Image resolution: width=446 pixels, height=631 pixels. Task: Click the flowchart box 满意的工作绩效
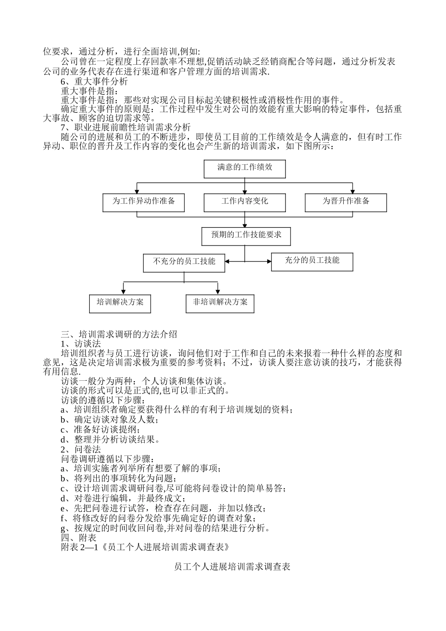click(x=245, y=168)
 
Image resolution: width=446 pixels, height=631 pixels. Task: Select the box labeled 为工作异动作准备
click(x=144, y=202)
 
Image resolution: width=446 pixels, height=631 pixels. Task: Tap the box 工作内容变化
click(x=245, y=202)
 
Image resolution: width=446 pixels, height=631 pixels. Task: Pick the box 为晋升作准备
click(x=346, y=202)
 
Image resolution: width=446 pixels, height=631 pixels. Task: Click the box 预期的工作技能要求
click(x=246, y=236)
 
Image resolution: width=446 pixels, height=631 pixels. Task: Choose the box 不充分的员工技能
click(x=184, y=262)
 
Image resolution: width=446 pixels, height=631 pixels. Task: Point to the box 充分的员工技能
click(x=312, y=261)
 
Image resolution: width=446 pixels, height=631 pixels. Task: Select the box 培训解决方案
click(x=120, y=303)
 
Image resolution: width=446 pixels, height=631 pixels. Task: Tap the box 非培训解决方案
click(x=220, y=303)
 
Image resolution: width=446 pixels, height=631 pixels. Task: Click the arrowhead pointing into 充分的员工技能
click(x=269, y=261)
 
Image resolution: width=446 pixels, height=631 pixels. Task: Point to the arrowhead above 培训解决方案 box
click(x=123, y=292)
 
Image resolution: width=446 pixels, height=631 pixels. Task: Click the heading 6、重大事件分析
click(x=94, y=81)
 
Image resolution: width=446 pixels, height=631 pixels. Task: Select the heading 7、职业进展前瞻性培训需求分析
click(x=126, y=127)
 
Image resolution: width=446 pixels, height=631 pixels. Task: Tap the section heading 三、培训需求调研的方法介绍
click(x=119, y=334)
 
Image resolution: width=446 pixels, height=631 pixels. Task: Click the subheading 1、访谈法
click(x=81, y=344)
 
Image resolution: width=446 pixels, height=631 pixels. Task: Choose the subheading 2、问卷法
click(x=81, y=449)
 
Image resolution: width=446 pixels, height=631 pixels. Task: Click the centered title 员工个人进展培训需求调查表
click(x=232, y=567)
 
